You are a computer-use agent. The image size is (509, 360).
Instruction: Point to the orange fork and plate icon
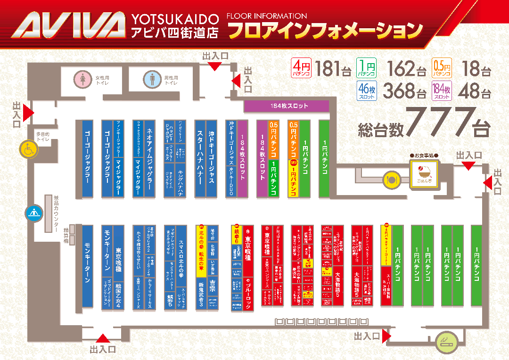click(x=391, y=179)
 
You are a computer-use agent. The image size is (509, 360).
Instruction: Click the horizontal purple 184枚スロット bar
click(x=286, y=106)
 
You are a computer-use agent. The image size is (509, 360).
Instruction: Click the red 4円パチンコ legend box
click(x=301, y=67)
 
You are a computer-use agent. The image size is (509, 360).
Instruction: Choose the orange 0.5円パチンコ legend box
click(x=442, y=67)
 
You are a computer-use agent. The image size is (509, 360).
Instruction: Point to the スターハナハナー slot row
click(x=199, y=158)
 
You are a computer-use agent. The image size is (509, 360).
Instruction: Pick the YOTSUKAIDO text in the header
click(x=175, y=20)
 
